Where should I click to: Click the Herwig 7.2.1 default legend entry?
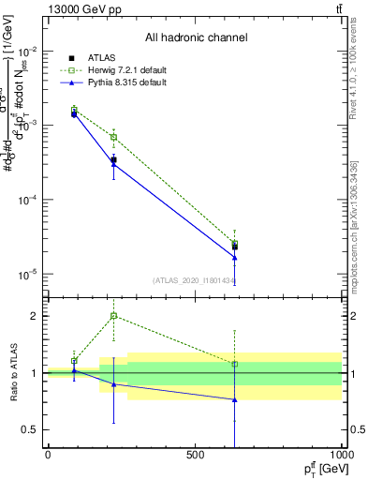click(x=123, y=70)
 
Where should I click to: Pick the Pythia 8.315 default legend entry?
click(x=122, y=82)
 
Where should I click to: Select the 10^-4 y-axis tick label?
click(x=27, y=200)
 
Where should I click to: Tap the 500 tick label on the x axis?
click(x=195, y=455)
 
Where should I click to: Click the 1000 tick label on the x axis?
click(x=341, y=455)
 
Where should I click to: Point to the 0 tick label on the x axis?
click(x=48, y=455)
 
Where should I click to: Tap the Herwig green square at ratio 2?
click(x=113, y=316)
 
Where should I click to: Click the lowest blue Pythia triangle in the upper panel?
click(x=234, y=258)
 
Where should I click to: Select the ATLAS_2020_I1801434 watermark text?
click(x=193, y=280)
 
